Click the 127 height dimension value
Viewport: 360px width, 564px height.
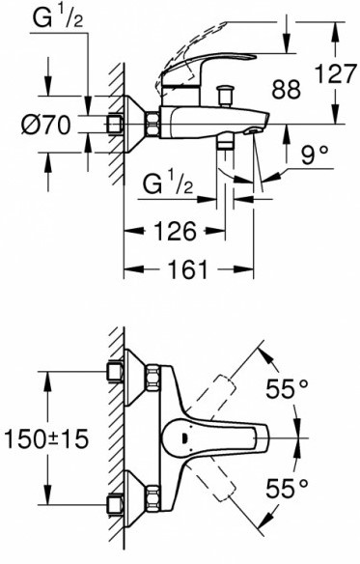coord(335,74)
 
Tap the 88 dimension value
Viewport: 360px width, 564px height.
coord(286,90)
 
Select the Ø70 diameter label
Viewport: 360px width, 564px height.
coord(45,126)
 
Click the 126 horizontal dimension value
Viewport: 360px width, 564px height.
coord(176,231)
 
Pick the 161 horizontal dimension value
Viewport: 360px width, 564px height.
coord(188,269)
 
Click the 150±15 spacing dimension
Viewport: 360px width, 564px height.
coord(45,439)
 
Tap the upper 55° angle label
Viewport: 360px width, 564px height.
coord(287,389)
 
